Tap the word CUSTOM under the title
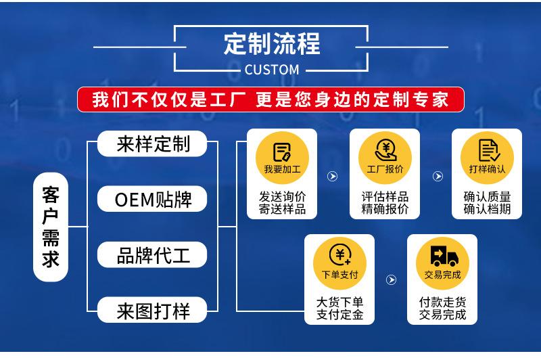[x=271, y=69]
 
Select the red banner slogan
[x=270, y=99]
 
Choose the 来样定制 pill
[x=154, y=143]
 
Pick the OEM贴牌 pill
[x=154, y=200]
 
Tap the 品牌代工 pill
[x=154, y=255]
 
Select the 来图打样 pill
[x=154, y=311]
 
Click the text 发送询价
[x=282, y=196]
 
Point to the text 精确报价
[x=385, y=209]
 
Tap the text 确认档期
[x=487, y=209]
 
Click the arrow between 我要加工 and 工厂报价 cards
[x=333, y=177]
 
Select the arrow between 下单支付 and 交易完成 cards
[x=390, y=279]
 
